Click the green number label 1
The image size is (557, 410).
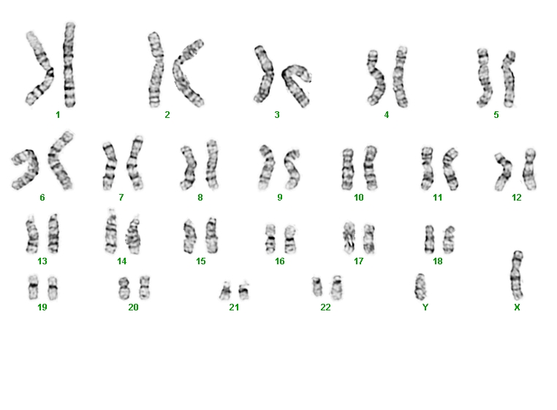pos(58,115)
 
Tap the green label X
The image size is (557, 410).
pos(517,307)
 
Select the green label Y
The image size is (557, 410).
pos(425,307)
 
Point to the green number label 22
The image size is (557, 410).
pos(325,307)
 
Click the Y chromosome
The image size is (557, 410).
pos(420,287)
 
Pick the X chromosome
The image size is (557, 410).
pos(517,276)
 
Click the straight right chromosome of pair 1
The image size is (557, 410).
pos(69,64)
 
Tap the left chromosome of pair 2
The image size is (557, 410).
pos(156,70)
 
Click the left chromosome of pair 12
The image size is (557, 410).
pos(504,171)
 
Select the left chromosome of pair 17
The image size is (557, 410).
pos(349,238)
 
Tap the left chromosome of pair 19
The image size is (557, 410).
pos(34,287)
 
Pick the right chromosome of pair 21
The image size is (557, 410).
pos(244,291)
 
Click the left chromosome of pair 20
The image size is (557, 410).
pos(124,288)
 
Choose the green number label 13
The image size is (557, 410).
pos(42,261)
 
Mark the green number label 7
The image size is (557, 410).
pos(121,197)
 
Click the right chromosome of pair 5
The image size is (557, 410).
pos(509,79)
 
